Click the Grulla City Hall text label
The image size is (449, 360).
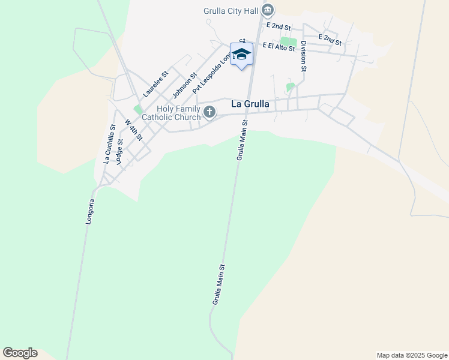coord(231,10)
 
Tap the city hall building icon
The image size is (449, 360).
coord(268,10)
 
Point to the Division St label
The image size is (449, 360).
coord(304,56)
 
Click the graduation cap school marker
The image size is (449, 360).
coord(242,55)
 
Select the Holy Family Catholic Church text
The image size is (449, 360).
coord(178,113)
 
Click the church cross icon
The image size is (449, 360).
coord(209,112)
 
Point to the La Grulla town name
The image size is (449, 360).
coord(250,104)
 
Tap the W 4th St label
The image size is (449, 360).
coord(133,130)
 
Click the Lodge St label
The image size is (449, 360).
coord(119,152)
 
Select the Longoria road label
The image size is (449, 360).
coord(90,212)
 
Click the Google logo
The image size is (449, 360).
coord(20,353)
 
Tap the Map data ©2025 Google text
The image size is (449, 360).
coord(411,355)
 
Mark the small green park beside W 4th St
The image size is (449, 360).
coord(138,110)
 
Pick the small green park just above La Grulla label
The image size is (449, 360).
coord(291,88)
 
